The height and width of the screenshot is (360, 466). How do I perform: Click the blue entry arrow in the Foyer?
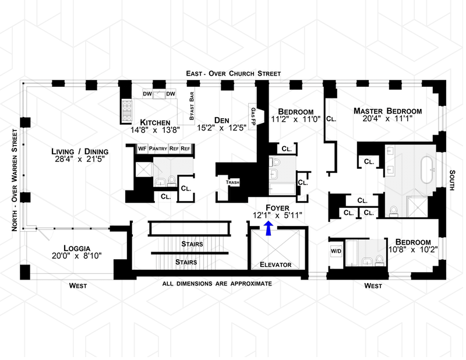click(268, 228)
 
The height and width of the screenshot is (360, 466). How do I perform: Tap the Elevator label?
click(275, 265)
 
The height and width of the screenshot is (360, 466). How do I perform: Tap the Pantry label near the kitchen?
click(158, 149)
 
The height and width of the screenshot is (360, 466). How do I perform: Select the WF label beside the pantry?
click(142, 149)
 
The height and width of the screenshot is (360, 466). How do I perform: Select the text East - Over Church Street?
click(234, 74)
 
